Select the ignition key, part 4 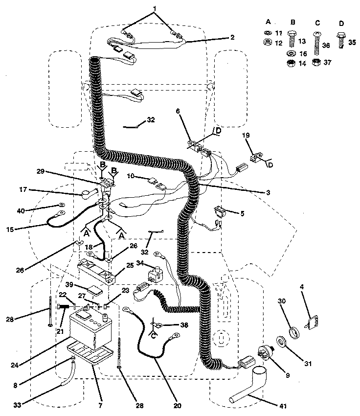coord(311,324)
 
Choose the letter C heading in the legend coord(316,22)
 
